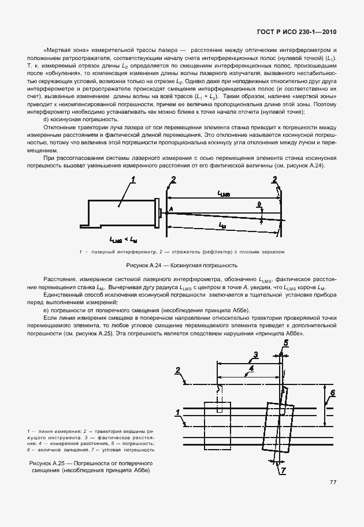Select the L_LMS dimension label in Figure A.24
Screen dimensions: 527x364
click(224, 195)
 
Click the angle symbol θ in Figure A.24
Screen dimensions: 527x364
click(259, 204)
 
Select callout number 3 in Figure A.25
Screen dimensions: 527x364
click(256, 354)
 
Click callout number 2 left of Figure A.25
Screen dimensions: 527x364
click(178, 370)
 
